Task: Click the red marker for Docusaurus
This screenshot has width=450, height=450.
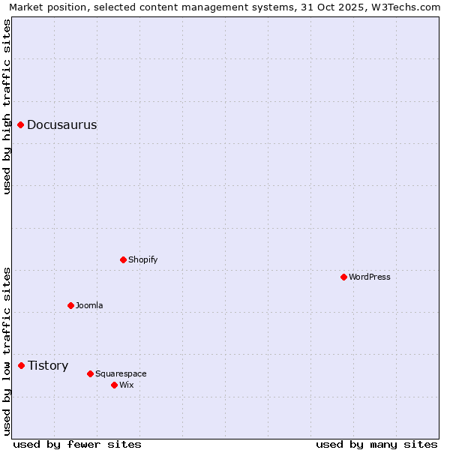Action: pos(21,124)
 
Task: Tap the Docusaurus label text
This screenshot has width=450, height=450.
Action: pos(61,125)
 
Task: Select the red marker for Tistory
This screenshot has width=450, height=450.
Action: pos(22,365)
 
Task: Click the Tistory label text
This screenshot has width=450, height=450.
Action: pos(48,366)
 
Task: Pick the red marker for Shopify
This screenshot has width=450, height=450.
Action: pos(124,259)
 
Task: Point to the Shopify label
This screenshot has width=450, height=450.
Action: pos(142,260)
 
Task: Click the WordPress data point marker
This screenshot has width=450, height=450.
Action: pos(344,277)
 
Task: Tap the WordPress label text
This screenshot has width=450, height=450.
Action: pos(369,277)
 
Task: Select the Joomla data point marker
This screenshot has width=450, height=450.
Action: pos(71,305)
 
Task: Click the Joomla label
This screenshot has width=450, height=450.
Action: pos(89,306)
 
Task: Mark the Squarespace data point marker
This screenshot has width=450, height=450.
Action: pos(91,373)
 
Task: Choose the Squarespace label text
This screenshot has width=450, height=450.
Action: pos(121,374)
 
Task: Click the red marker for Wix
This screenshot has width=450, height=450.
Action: pos(115,385)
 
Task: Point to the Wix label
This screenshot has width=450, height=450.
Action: pos(127,385)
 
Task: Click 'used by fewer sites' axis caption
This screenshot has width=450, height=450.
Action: pos(77,444)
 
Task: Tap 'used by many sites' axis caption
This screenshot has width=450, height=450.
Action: pos(376,444)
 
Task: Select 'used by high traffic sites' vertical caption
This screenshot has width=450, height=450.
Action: pos(7,106)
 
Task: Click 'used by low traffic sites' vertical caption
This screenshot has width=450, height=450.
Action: pos(7,351)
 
